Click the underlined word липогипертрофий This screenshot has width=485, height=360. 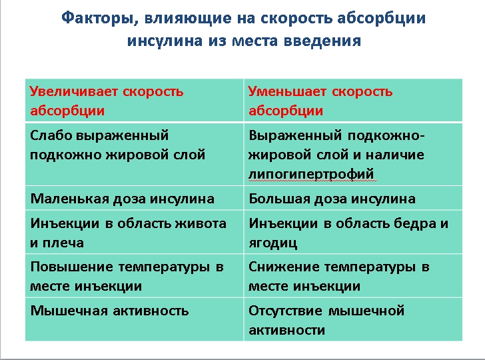pyautogui.click(x=311, y=175)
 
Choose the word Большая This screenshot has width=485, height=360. pyautogui.click(x=276, y=199)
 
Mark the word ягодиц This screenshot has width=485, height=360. pyautogui.click(x=272, y=243)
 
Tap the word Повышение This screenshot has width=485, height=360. pyautogui.click(x=71, y=267)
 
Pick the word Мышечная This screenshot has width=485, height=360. pyautogui.click(x=66, y=311)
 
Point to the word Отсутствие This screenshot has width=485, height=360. pyautogui.click(x=285, y=311)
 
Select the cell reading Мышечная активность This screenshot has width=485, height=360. pyautogui.click(x=133, y=320)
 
